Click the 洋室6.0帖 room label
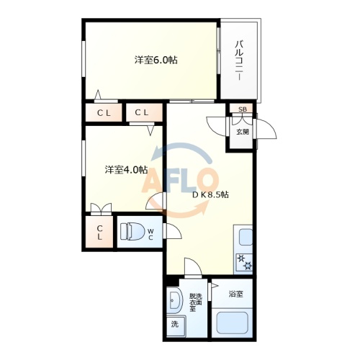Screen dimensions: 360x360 [156, 60]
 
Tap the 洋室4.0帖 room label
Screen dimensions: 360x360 [126, 170]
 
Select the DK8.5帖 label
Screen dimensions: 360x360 [210, 194]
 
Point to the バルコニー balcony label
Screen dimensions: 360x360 [239, 60]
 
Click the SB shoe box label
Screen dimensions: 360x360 [243, 109]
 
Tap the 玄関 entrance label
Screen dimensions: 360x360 [243, 132]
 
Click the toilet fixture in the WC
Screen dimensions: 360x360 [132, 231]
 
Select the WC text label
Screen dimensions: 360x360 [150, 235]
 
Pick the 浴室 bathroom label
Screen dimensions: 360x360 [236, 294]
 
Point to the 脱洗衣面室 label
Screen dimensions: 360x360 [196, 302]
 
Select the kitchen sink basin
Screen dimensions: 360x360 [246, 237]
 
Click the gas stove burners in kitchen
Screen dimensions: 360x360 [244, 262]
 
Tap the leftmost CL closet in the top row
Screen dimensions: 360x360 [104, 112]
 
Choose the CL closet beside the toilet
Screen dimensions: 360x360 [99, 232]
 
